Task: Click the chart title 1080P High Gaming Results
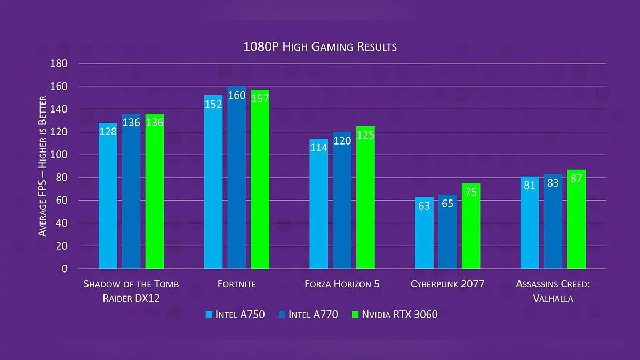320,47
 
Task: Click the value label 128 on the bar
108,131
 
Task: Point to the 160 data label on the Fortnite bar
237,96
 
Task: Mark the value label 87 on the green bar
576,179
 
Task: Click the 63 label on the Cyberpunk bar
424,205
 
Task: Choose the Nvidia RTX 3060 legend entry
395,315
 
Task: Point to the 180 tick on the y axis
59,63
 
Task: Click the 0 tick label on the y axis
65,269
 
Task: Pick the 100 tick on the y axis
59,155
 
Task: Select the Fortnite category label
236,284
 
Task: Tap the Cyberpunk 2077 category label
447,284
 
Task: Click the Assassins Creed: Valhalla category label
553,291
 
